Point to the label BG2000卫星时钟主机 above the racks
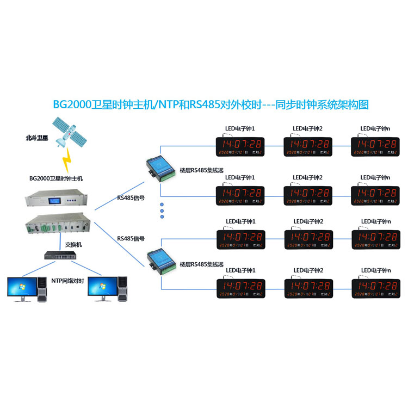coord(56,178)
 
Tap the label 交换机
coord(73,245)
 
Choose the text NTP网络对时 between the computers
coord(67,280)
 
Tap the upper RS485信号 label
coord(131,198)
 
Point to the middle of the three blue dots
coord(162,210)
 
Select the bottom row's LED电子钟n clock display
coord(375,288)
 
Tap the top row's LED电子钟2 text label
coord(308,129)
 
